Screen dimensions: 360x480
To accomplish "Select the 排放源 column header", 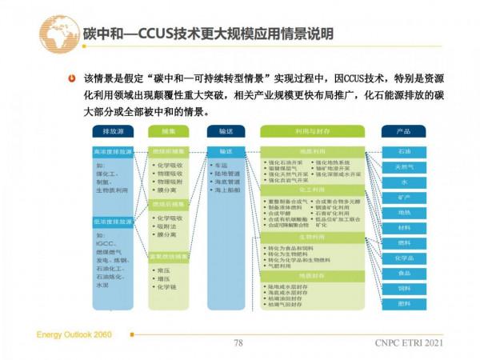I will click(x=112, y=130).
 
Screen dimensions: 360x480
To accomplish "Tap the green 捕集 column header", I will click(x=167, y=130).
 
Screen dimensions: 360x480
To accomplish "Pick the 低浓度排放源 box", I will click(x=112, y=220).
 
